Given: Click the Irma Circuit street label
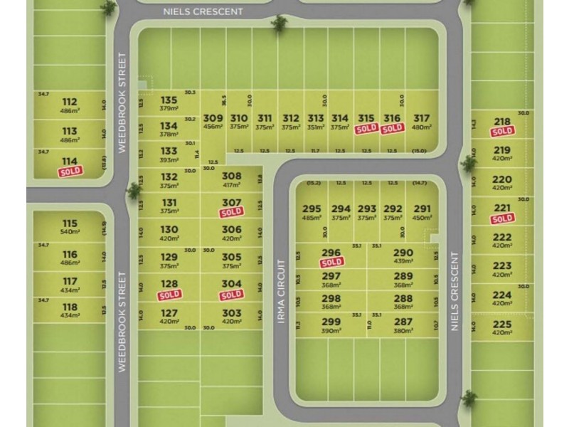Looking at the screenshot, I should tap(282, 292).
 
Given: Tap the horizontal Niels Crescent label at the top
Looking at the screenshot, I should tap(203, 11).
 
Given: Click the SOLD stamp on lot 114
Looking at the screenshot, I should tap(70, 171).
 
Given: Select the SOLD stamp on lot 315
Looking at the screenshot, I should tap(366, 129).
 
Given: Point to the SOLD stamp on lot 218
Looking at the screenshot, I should tap(502, 132).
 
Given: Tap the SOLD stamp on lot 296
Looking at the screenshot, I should tap(331, 262).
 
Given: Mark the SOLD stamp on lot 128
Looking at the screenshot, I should tap(169, 294).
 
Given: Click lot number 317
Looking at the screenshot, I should tap(422, 119).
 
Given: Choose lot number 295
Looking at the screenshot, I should tap(312, 209).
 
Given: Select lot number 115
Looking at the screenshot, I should tap(70, 223).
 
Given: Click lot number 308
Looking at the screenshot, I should tap(232, 176).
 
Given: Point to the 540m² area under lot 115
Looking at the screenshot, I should tap(70, 233).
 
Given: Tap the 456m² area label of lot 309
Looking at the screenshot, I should tap(213, 127).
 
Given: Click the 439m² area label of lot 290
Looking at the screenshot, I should tap(403, 261).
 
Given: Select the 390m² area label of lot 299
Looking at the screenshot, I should tap(331, 331).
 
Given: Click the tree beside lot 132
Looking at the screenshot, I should tap(134, 190).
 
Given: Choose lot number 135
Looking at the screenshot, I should tap(169, 100).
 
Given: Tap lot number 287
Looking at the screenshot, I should tap(403, 322).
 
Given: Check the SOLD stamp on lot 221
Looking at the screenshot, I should tap(502, 218).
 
